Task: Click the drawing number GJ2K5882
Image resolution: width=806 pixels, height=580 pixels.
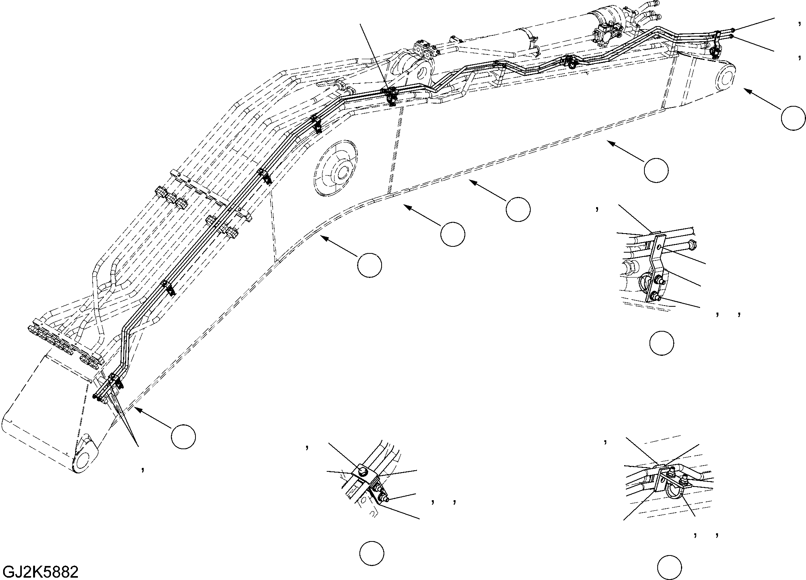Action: click(40, 572)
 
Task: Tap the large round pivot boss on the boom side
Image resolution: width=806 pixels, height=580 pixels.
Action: click(334, 167)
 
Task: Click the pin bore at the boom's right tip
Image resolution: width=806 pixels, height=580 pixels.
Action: click(724, 79)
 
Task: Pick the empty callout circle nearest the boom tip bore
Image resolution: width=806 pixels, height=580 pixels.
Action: click(793, 118)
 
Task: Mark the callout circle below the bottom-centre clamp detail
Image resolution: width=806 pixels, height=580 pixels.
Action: click(372, 553)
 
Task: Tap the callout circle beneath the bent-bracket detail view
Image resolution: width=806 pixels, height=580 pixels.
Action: click(662, 343)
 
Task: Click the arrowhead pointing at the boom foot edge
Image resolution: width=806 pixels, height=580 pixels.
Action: click(137, 409)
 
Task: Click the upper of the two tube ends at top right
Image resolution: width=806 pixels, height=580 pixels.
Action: click(733, 30)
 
